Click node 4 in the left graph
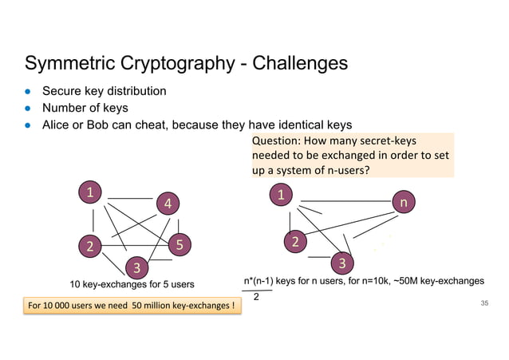[x=168, y=204]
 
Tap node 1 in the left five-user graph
[x=90, y=192]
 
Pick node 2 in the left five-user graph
[x=90, y=246]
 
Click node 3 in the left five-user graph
[x=136, y=266]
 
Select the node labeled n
[x=404, y=203]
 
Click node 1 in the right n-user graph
[x=281, y=194]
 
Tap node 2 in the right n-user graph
[x=295, y=241]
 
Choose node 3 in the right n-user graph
[x=341, y=263]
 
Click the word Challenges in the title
[x=300, y=63]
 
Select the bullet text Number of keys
[x=85, y=108]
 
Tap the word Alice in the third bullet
[x=57, y=125]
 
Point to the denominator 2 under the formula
[x=256, y=297]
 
